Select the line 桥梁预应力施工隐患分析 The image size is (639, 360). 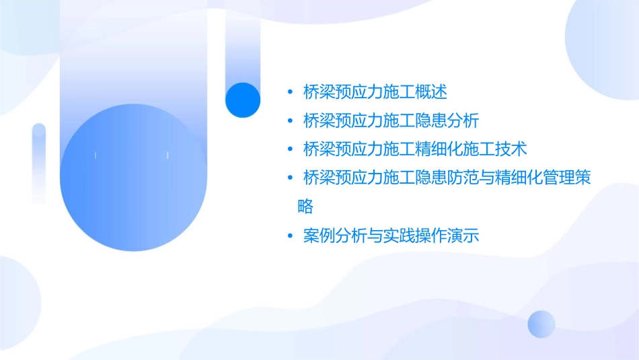[x=391, y=120]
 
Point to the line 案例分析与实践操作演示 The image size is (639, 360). [x=391, y=236]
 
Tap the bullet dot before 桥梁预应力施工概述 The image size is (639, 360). [x=289, y=92]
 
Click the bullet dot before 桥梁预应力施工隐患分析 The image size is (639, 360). [x=289, y=121]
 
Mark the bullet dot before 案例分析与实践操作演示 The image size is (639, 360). [x=289, y=237]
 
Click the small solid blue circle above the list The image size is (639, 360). [x=243, y=100]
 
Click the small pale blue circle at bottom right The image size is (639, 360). [x=541, y=324]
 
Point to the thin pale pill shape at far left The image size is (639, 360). [x=38, y=164]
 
